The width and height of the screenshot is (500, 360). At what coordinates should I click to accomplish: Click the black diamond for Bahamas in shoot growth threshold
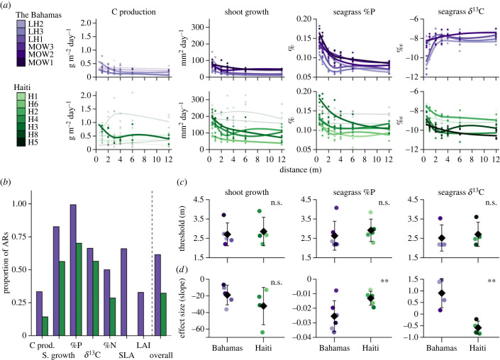coord(226,235)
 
